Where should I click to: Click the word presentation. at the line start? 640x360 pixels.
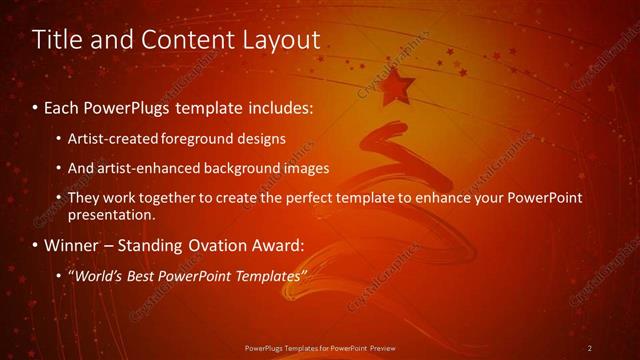pyautogui.click(x=113, y=214)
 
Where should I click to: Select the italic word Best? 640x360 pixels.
pyautogui.click(x=141, y=275)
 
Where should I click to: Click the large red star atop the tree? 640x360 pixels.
pyautogui.click(x=399, y=87)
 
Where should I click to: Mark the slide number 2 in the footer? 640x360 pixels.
pyautogui.click(x=590, y=348)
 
